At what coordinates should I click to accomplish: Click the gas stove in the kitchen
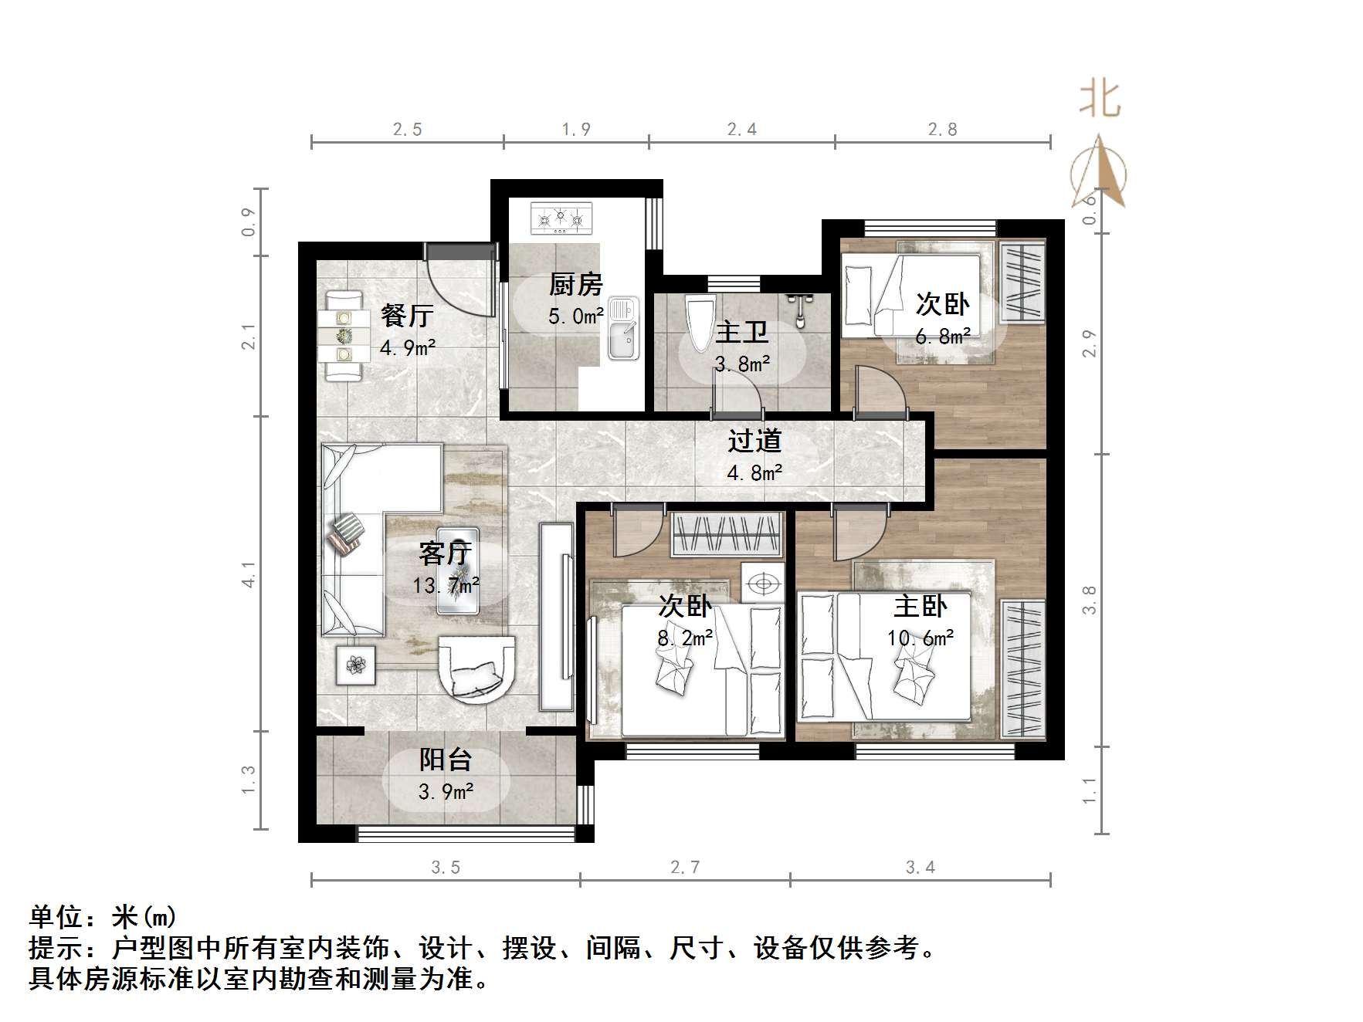tap(561, 218)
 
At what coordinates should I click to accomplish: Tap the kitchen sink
tap(623, 329)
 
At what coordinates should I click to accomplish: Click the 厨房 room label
tap(575, 284)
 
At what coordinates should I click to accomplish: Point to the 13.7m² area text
tap(446, 586)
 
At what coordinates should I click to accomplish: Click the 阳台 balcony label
tap(446, 760)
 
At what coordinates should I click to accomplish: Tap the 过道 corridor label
tap(754, 441)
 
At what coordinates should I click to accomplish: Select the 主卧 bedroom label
tap(920, 606)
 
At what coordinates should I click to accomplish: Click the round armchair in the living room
tap(476, 668)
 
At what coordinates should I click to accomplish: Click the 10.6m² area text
tap(920, 638)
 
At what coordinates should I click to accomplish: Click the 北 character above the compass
tap(1100, 101)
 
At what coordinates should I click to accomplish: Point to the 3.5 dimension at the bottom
tap(446, 868)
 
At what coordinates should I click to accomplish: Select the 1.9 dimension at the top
tap(576, 130)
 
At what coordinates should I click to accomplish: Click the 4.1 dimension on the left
tap(249, 574)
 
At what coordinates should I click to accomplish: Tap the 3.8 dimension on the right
tap(1089, 600)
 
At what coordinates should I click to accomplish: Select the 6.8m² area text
tap(943, 337)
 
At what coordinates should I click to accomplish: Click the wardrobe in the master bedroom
tap(1023, 668)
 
